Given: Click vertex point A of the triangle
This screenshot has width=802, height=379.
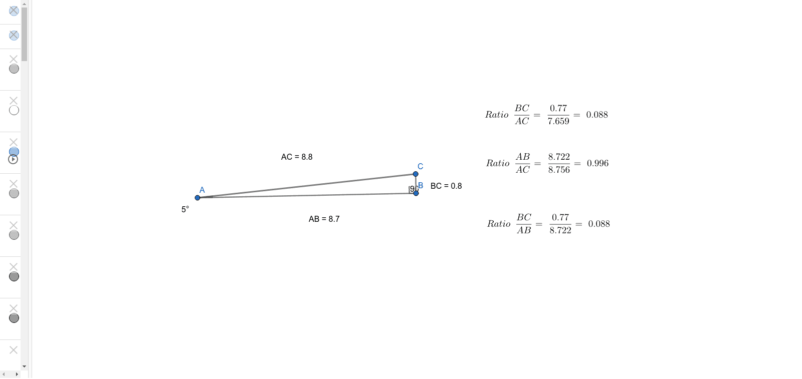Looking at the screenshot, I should point(197,198).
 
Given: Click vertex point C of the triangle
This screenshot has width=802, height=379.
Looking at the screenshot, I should point(416,174).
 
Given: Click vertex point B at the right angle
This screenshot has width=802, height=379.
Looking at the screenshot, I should point(416,193).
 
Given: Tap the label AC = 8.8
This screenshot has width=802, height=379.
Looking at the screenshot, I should point(297,157).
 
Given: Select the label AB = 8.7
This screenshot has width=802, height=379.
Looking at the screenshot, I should point(324,219).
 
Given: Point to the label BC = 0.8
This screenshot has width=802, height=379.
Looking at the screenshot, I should point(446,186).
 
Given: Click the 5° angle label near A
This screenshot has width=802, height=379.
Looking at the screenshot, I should point(185,210).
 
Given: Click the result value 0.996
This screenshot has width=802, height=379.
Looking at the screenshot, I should point(597,164).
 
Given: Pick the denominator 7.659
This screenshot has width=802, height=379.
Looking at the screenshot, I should point(558,122).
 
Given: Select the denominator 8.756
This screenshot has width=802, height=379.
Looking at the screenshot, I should point(559,170).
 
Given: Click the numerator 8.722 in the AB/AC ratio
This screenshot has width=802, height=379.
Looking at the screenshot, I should point(559,157).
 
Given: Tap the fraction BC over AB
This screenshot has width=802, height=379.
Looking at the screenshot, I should point(524,224).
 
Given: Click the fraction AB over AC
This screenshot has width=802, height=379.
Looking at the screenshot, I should point(523,163).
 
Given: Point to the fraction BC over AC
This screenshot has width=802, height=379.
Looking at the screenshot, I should point(522,115).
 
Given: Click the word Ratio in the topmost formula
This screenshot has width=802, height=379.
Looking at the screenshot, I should point(497,115).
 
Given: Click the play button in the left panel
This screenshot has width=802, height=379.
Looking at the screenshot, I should point(14,160).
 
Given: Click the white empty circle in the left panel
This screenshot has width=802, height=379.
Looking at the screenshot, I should point(14,111).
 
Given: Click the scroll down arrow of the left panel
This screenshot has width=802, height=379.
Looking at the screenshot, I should point(24,366).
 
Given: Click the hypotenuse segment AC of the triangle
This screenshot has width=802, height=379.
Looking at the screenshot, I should point(306,186).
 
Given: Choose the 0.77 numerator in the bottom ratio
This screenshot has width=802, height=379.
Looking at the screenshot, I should point(560,218).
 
